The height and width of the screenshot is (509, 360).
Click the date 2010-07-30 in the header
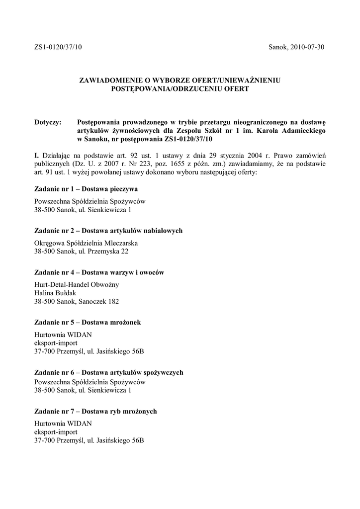point(308,47)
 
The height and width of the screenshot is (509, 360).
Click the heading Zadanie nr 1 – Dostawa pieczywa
point(86,189)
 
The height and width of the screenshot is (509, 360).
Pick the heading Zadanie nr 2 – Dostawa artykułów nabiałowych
point(108,231)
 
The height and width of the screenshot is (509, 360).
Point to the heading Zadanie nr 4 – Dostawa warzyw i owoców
point(99,273)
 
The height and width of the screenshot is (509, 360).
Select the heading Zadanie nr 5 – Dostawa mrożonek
point(88,323)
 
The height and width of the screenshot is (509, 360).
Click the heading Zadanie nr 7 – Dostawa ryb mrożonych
point(95,412)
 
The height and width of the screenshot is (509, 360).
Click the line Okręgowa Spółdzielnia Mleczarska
point(86,244)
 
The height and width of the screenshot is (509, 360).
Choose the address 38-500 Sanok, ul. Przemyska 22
point(81,252)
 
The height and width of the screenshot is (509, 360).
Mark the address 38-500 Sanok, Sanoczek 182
point(77,301)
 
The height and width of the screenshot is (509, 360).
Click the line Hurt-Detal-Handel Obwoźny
point(77,285)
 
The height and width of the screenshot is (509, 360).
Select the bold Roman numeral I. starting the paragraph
point(37,156)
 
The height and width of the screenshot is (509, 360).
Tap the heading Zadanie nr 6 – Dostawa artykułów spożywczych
point(109,372)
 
